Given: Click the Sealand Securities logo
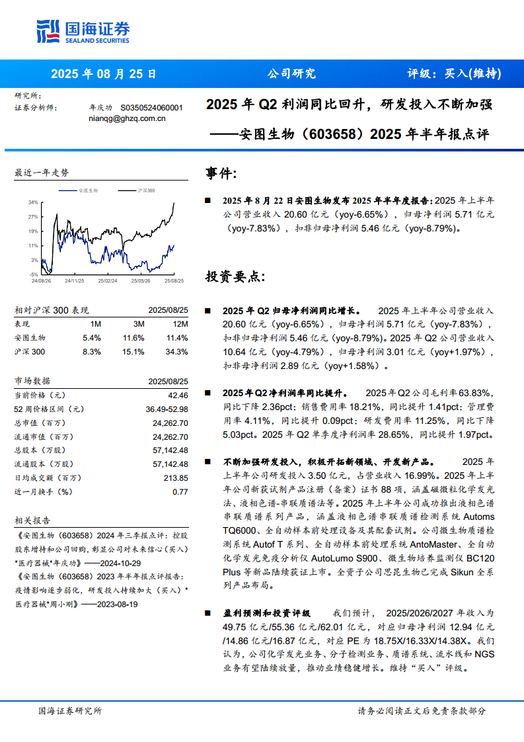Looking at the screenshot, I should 83,31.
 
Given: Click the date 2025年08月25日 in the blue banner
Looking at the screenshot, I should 104,74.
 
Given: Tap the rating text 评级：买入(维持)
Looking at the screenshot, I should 454,74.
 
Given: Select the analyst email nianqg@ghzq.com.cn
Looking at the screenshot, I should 126,118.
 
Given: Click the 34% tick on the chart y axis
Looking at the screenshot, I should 32,202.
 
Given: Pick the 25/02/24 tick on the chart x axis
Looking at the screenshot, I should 108,280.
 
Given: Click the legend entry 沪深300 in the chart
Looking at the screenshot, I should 145,190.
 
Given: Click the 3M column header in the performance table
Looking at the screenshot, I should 138,324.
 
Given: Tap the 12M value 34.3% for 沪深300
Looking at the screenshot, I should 176,352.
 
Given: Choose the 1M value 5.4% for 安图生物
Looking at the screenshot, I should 91,338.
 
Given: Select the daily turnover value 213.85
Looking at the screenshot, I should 175,478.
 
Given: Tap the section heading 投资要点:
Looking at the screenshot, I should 235,276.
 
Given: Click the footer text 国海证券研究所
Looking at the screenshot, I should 70,711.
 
